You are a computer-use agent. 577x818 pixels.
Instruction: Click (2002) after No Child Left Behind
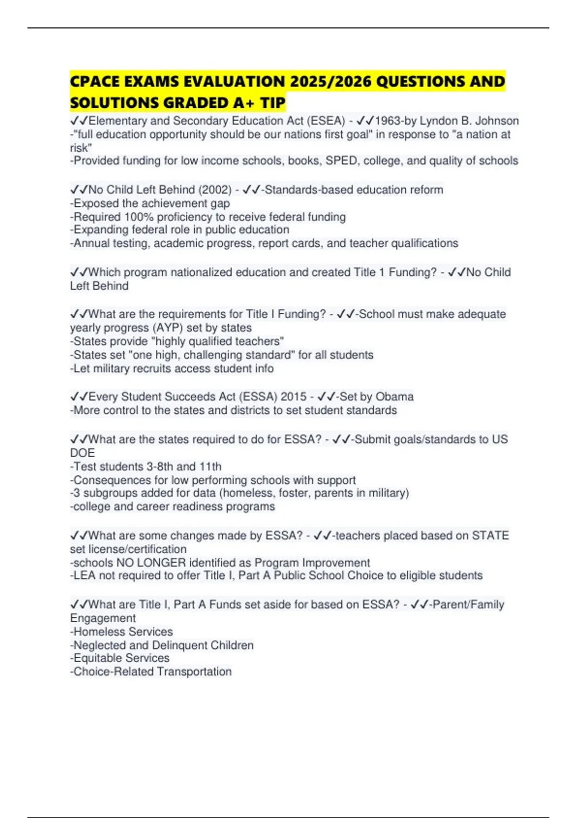coord(215,190)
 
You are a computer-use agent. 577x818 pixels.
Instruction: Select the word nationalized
coord(201,272)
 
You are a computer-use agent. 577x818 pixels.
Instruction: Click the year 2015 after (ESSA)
coord(293,396)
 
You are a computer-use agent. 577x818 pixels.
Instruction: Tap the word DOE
coord(82,453)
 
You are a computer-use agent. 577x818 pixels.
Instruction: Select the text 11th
coord(210,466)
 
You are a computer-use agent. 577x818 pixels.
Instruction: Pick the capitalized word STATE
coord(490,536)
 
